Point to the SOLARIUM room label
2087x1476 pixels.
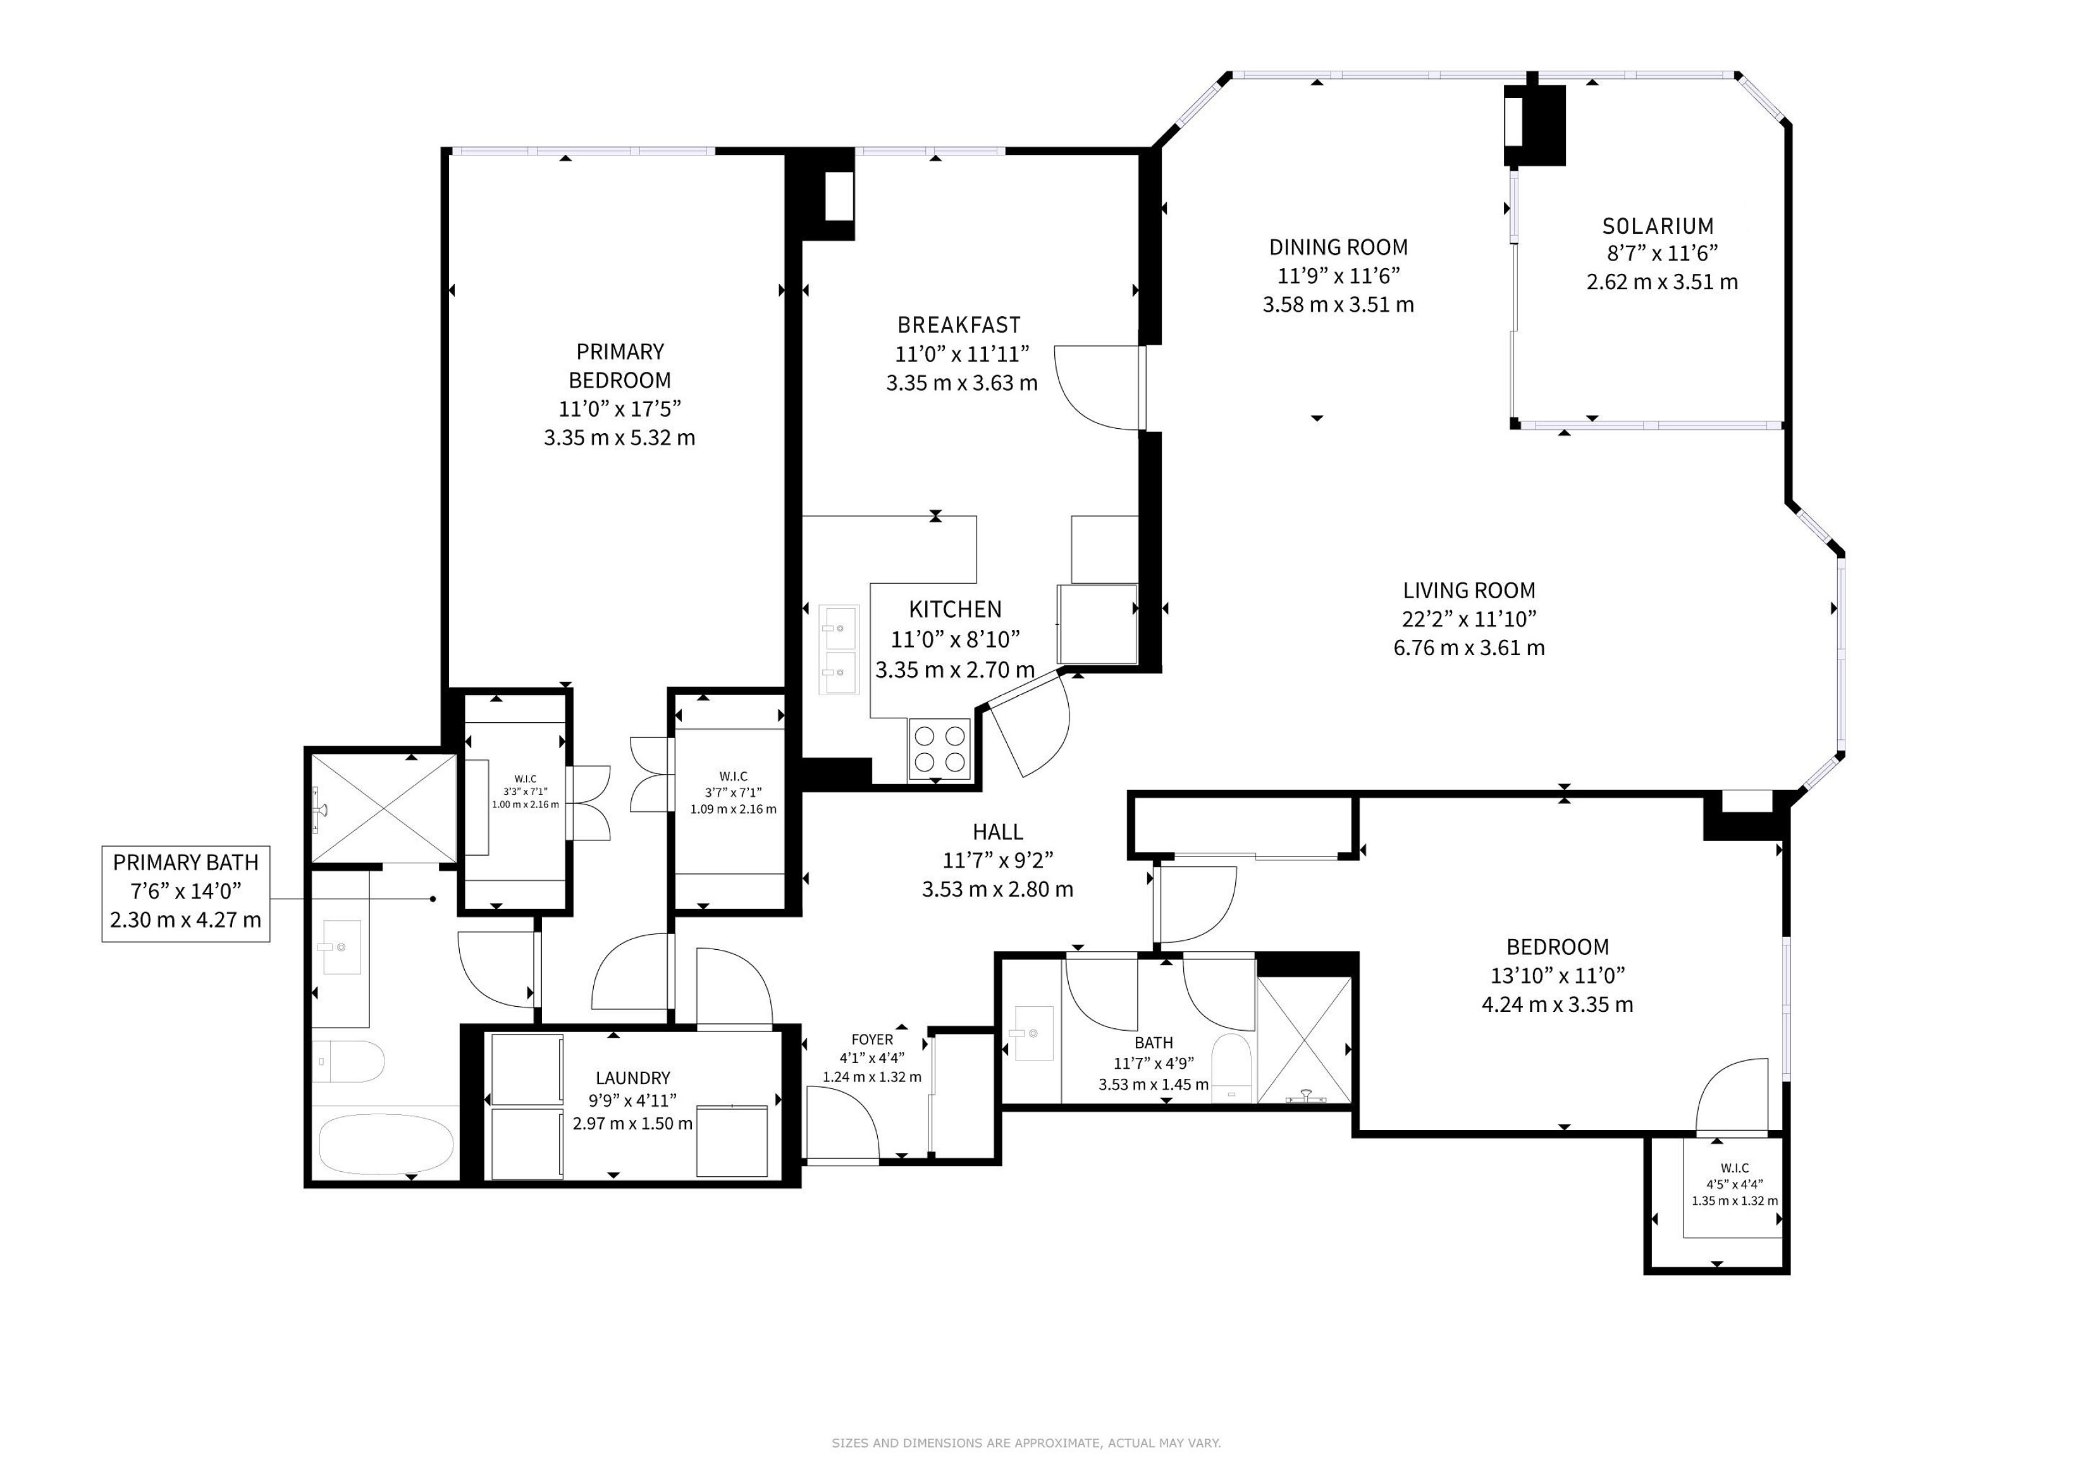click(1658, 226)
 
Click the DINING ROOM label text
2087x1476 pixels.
click(1338, 247)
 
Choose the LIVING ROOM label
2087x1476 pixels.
click(1469, 591)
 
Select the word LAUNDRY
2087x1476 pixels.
click(632, 1078)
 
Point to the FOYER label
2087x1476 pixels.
click(871, 1039)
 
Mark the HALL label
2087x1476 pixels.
click(997, 832)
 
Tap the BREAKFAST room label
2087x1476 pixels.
click(959, 324)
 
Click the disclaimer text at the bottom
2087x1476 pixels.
click(1026, 1442)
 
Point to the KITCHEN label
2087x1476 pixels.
click(956, 609)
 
